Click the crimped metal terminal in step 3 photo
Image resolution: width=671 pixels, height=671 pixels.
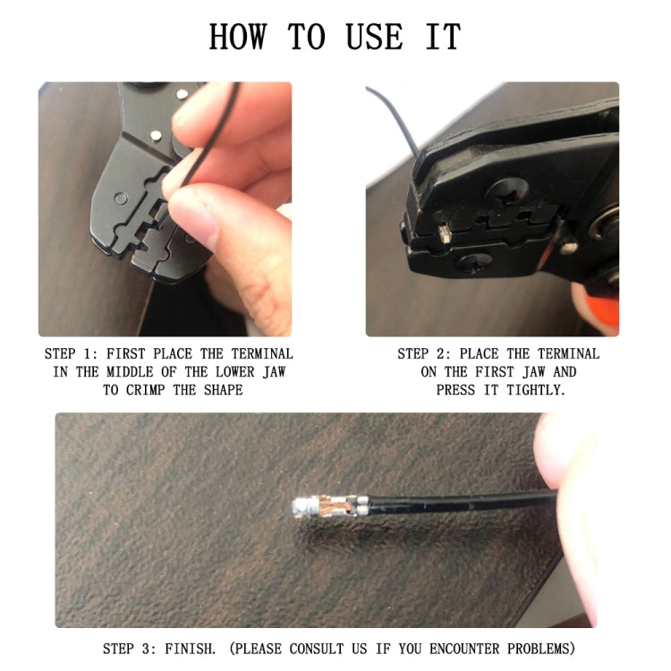pyautogui.click(x=327, y=507)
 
